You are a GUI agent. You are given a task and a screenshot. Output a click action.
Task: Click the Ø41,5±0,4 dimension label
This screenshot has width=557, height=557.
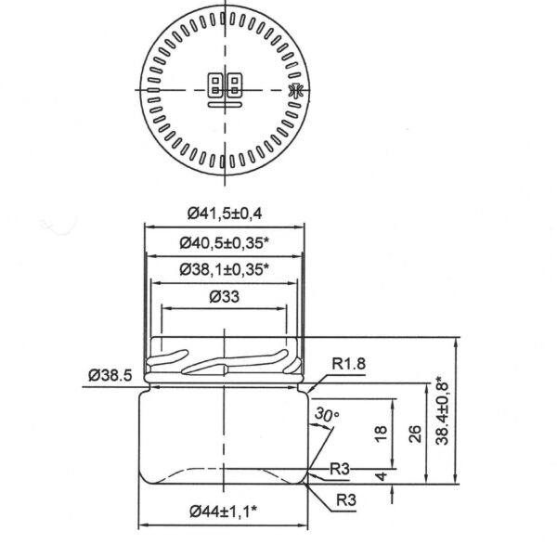tap(224, 214)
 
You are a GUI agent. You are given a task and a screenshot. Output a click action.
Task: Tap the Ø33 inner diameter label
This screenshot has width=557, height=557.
tap(224, 297)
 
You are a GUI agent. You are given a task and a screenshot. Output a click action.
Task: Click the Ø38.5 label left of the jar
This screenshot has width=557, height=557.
tap(111, 374)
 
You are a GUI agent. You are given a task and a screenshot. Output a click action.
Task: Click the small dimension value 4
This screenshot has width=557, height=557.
tap(380, 476)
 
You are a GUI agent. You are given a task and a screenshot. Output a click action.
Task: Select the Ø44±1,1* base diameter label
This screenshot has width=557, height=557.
tap(224, 511)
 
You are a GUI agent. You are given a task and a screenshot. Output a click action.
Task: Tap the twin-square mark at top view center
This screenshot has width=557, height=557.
tap(224, 86)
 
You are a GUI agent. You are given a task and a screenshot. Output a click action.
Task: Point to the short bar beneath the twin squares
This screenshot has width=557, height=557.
tap(224, 105)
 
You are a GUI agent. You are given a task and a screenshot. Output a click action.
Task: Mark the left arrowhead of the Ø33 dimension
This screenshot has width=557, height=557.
tap(164, 309)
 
